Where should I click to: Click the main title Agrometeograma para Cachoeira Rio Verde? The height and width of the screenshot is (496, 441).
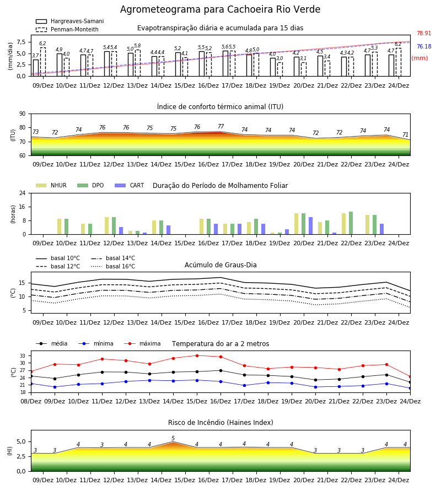pyautogui.click(x=220, y=9)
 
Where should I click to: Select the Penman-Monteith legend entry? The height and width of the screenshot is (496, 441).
pyautogui.click(x=67, y=29)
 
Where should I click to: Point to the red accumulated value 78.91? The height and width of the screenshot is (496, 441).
pyautogui.click(x=423, y=33)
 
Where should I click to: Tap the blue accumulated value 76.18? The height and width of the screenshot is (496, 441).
pyautogui.click(x=423, y=46)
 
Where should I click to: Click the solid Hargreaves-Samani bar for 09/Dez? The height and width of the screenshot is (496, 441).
pyautogui.click(x=36, y=68)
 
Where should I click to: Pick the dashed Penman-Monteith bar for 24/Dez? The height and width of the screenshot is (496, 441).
pyautogui.click(x=399, y=62)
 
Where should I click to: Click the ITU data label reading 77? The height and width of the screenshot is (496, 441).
pyautogui.click(x=221, y=126)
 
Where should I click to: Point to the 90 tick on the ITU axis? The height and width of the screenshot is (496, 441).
pyautogui.click(x=22, y=114)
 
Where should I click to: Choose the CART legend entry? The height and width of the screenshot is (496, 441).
pyautogui.click(x=130, y=185)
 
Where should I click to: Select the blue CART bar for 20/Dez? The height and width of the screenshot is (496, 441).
pyautogui.click(x=311, y=226)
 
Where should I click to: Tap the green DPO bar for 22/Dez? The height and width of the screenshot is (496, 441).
pyautogui.click(x=351, y=223)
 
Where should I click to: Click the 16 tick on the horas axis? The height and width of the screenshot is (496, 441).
pyautogui.click(x=22, y=207)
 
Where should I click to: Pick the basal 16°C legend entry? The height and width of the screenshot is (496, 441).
pyautogui.click(x=113, y=266)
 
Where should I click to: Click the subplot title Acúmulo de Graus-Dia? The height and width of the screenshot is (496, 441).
pyautogui.click(x=220, y=265)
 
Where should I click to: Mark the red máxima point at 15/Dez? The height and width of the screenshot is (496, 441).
pyautogui.click(x=197, y=355)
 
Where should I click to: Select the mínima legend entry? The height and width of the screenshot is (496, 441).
pyautogui.click(x=96, y=343)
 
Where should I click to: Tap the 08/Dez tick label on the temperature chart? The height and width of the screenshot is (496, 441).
pyautogui.click(x=31, y=401)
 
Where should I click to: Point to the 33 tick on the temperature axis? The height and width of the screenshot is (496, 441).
pyautogui.click(x=23, y=356)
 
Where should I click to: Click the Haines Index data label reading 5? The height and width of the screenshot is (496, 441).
pyautogui.click(x=173, y=438)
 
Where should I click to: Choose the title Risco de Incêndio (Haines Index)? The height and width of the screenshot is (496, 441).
pyautogui.click(x=220, y=422)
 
